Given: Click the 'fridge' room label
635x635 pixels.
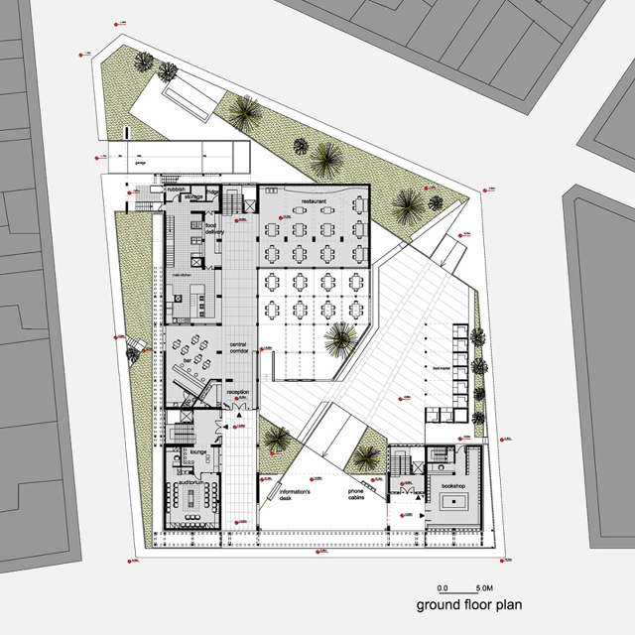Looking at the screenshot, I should coord(213,191).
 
